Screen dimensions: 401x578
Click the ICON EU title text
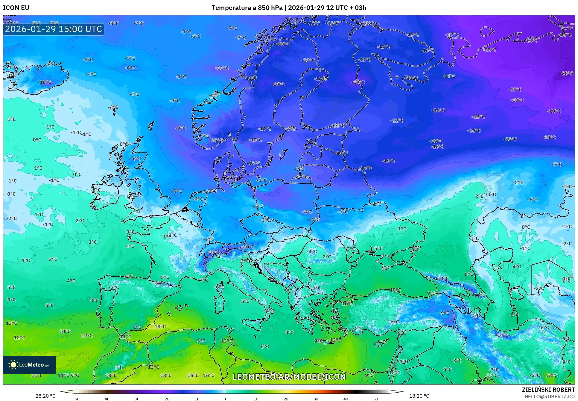(16, 8)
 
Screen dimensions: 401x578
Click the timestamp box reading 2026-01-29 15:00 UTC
(54, 29)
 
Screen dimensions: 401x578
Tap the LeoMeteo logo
(29, 365)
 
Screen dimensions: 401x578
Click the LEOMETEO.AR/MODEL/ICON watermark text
(289, 377)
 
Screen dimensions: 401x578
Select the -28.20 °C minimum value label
(44, 396)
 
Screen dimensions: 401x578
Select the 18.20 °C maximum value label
(419, 396)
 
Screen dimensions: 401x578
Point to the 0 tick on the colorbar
(226, 399)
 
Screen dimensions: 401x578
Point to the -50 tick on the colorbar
(76, 399)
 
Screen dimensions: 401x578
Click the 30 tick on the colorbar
(316, 399)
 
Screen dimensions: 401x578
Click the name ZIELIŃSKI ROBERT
(548, 390)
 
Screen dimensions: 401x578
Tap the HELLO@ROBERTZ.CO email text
(549, 397)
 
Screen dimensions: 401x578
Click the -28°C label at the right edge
(566, 73)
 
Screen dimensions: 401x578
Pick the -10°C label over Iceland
(45, 82)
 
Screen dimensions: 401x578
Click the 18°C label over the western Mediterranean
(160, 326)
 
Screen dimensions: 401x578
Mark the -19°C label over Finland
(358, 82)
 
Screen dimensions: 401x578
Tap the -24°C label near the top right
(532, 40)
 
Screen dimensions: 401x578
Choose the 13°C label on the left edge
(11, 323)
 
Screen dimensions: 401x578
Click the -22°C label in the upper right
(490, 50)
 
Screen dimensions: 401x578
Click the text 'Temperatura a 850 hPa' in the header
(247, 8)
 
